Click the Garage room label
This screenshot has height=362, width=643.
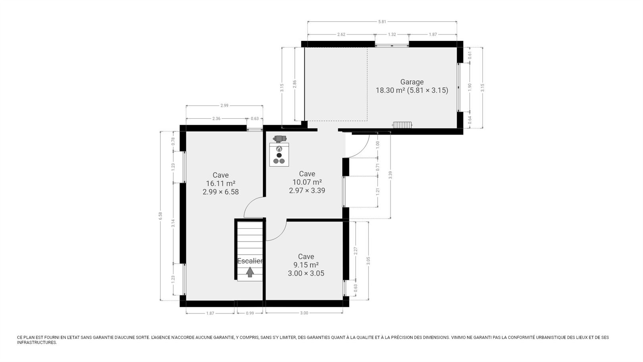click(x=412, y=82)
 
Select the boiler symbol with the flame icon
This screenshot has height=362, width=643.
click(x=279, y=154)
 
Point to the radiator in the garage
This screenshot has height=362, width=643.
click(x=402, y=125)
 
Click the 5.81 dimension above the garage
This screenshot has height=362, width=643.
click(x=382, y=21)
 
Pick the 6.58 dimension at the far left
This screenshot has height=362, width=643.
click(x=160, y=216)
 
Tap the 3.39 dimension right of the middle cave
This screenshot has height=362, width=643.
click(x=390, y=175)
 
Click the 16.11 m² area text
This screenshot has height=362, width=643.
click(x=220, y=183)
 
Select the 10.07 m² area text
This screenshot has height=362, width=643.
click(x=307, y=182)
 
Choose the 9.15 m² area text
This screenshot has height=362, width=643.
click(x=306, y=265)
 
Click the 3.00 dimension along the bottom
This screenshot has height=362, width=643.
click(x=304, y=313)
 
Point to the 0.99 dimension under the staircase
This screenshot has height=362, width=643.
click(x=250, y=313)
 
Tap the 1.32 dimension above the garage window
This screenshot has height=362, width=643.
click(x=392, y=35)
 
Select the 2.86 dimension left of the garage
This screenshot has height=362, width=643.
click(x=295, y=84)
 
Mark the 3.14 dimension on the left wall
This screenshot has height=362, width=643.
click(x=173, y=223)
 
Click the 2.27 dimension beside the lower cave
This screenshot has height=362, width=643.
click(x=356, y=251)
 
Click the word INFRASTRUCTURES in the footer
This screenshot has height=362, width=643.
click(x=37, y=343)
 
